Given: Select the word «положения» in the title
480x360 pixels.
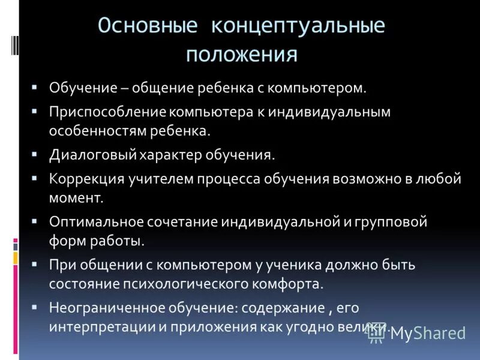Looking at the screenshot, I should tap(242, 55).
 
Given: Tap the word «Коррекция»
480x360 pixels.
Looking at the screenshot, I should tap(86, 179).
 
